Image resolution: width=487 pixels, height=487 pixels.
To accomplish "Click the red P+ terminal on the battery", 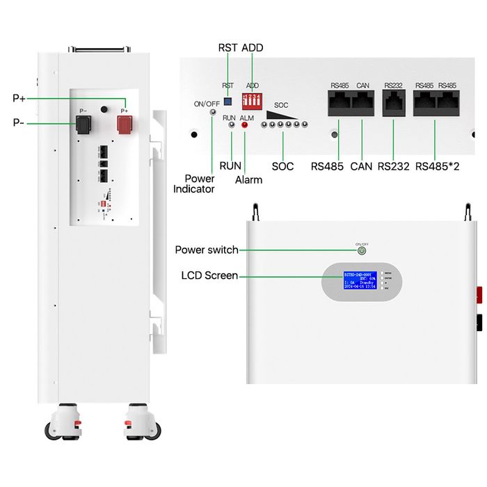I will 125,126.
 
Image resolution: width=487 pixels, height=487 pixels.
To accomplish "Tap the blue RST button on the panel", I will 227,100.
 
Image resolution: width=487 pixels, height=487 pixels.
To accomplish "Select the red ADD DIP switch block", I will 250,99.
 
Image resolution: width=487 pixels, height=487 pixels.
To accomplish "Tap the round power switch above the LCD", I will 362,251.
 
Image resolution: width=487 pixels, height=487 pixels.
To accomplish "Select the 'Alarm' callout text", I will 248,179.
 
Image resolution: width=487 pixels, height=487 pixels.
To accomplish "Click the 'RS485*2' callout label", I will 436,166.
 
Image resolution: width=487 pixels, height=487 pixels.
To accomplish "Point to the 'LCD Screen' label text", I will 209,276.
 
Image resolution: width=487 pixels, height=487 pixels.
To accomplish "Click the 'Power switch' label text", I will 207,250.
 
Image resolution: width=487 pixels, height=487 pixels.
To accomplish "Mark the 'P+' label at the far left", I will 19,98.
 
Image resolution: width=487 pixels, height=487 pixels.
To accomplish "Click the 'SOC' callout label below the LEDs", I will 282,166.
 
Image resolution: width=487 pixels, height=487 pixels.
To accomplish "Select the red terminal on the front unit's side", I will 480,294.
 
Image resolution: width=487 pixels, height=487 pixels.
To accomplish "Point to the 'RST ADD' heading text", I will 241,47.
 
